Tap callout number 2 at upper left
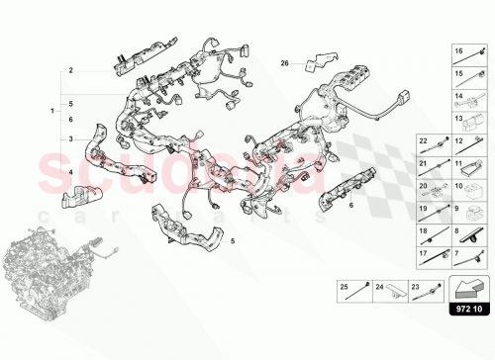(x=71, y=71)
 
